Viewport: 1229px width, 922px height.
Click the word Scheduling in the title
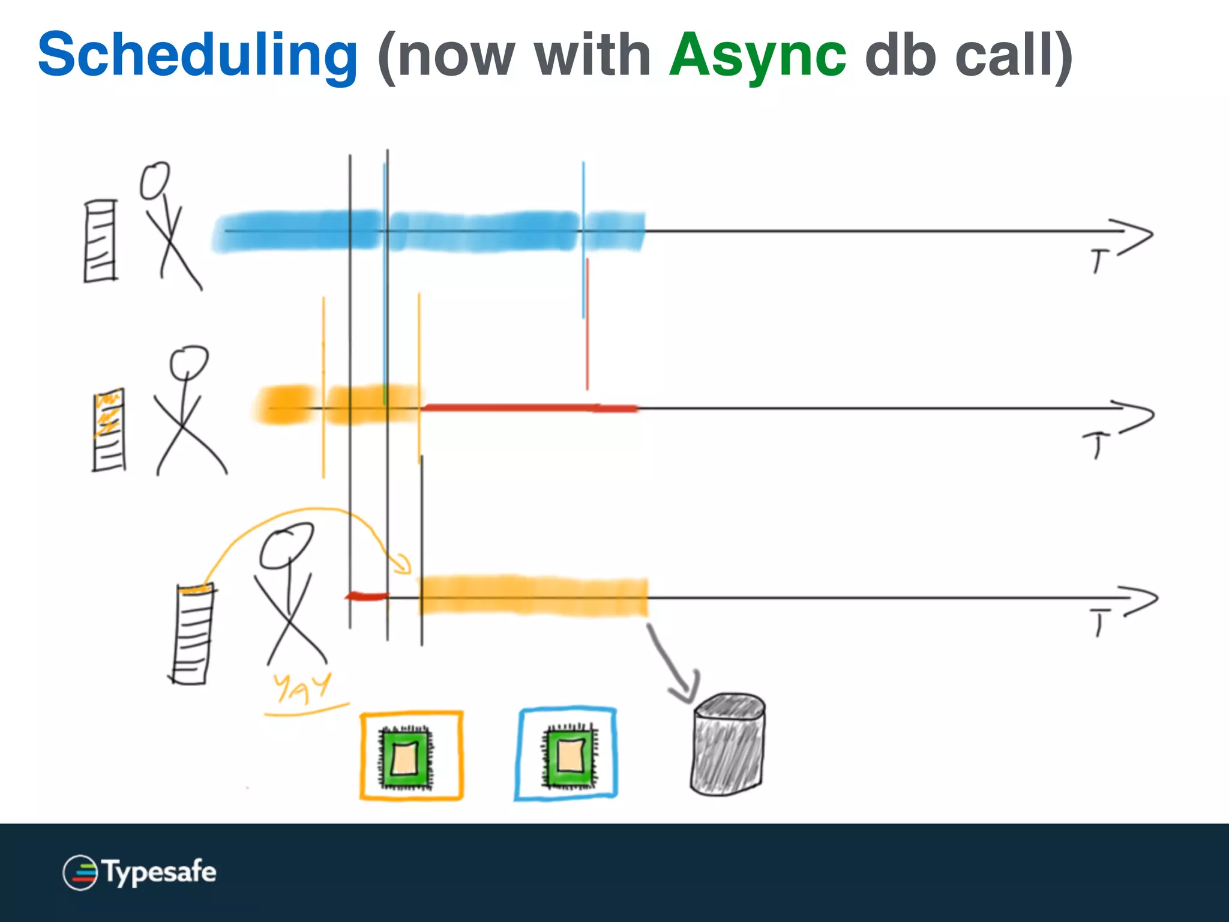tap(198, 55)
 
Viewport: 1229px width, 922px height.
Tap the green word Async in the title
tap(757, 55)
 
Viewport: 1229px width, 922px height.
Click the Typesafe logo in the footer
tap(139, 872)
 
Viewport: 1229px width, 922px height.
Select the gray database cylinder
tap(727, 744)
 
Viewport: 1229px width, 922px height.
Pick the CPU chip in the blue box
tap(570, 755)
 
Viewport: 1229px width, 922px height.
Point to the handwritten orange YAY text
tap(302, 688)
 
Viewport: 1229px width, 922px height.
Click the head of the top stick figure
tap(154, 180)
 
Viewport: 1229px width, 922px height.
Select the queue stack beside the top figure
tap(100, 241)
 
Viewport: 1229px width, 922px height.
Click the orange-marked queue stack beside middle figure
tap(109, 430)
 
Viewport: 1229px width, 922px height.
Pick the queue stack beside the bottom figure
tap(193, 634)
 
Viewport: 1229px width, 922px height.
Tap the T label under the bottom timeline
tap(1100, 621)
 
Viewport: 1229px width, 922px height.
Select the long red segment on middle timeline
tap(528, 408)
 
